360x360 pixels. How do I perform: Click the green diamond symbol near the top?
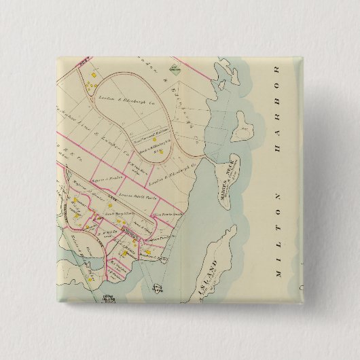point(175,68)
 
